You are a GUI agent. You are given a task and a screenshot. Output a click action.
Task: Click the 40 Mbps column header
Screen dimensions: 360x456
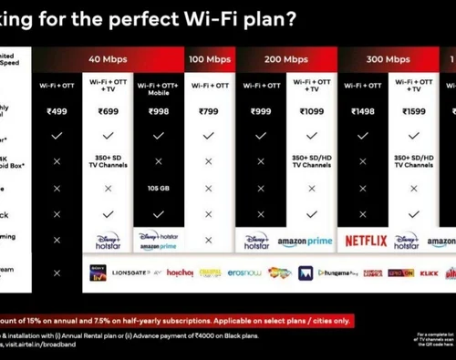pos(108,59)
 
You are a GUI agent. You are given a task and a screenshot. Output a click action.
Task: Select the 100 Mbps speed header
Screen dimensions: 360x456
pos(209,59)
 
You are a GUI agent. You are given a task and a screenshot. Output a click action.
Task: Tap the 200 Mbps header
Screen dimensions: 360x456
pos(285,59)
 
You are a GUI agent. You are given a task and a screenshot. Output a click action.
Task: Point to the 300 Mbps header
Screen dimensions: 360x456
pos(388,59)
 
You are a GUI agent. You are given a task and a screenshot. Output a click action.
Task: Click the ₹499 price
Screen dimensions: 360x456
pos(57,110)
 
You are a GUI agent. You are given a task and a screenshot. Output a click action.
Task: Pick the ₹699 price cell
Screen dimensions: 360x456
pos(109,110)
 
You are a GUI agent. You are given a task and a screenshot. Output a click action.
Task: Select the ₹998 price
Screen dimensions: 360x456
pos(159,110)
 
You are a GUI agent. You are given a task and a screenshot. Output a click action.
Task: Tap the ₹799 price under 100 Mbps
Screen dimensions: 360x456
pos(209,110)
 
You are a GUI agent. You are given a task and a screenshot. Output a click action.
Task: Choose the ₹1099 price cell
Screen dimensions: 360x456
pos(311,110)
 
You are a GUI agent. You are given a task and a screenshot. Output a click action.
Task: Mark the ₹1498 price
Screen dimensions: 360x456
pos(363,110)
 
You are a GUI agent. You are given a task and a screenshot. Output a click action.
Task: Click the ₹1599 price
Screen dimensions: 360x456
pos(413,110)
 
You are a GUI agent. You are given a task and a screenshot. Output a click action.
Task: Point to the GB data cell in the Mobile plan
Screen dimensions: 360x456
pos(159,189)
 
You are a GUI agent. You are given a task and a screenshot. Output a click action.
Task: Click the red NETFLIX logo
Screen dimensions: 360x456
pos(365,242)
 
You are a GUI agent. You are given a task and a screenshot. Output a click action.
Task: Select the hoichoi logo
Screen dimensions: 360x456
pos(180,273)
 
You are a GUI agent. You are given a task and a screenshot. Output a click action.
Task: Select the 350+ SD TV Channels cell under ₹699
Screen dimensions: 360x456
pos(109,161)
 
